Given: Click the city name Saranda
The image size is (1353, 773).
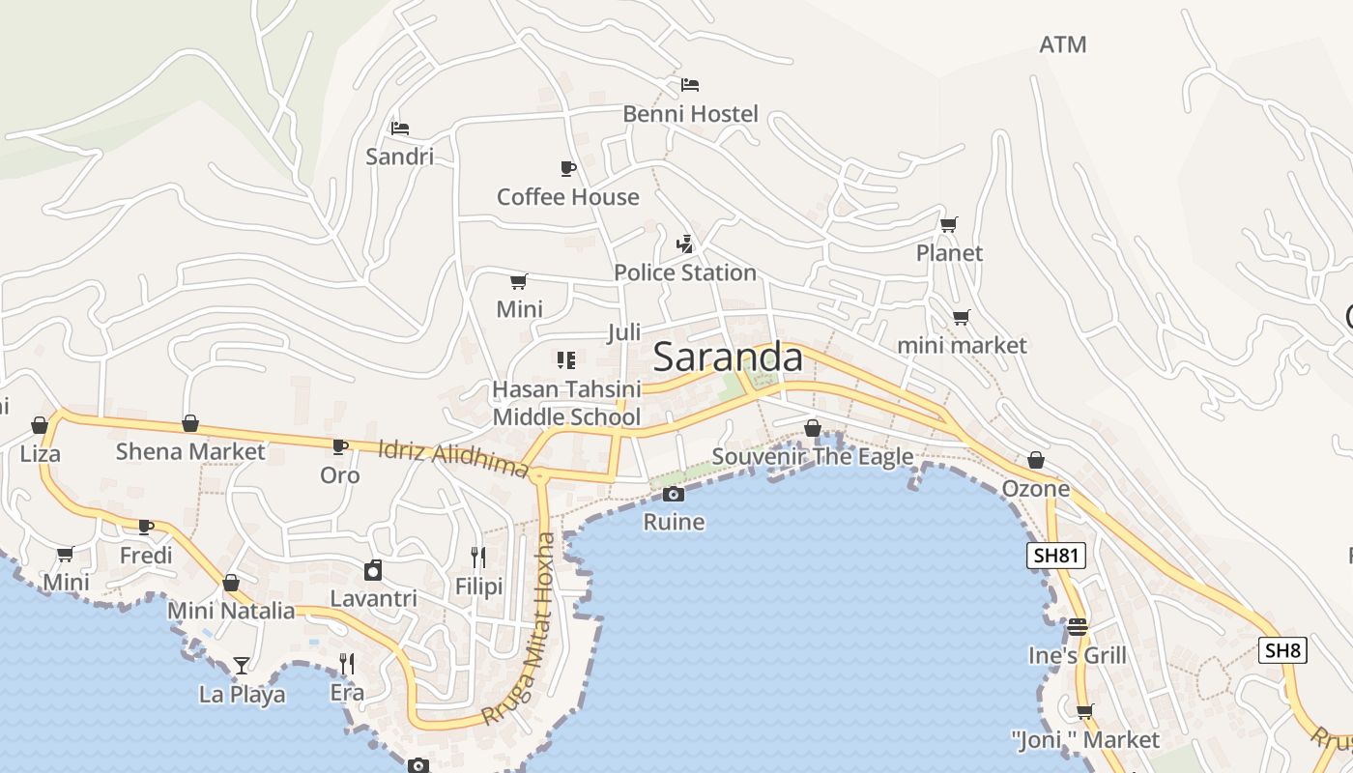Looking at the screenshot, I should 728,358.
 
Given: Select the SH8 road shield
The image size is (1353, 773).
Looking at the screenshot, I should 1282,650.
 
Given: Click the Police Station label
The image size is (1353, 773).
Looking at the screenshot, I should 685,272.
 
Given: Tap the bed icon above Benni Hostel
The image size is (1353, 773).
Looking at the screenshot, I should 690,85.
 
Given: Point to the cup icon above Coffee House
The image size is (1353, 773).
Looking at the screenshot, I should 568,169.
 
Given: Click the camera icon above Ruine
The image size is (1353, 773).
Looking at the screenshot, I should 674,495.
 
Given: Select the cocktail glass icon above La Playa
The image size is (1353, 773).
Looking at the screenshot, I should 241,665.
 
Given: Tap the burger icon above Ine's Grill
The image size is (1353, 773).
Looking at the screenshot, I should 1078,627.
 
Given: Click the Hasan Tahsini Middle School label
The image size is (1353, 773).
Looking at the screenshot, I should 566,403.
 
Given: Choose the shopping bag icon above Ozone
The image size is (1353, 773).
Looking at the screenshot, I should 1036,460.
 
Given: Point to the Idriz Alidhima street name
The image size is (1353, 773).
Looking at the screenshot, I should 453,458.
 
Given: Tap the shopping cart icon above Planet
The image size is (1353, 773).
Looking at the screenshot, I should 949,225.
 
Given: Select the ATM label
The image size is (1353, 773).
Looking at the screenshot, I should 1063,44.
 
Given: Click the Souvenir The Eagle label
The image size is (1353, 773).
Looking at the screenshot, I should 813,456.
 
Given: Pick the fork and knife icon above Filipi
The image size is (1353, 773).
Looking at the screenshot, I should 478,558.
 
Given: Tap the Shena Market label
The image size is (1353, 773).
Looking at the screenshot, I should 190,451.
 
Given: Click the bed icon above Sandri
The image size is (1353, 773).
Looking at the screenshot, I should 400,128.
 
